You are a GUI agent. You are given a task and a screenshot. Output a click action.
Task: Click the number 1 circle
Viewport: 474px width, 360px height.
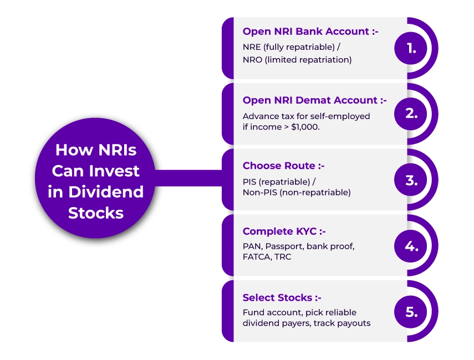pos(411,48)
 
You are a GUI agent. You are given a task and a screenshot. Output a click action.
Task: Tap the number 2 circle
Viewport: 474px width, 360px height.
pos(411,114)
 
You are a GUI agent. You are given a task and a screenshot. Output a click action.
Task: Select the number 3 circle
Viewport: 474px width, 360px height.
pos(411,180)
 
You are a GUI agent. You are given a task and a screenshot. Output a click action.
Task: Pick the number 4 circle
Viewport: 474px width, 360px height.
pos(411,245)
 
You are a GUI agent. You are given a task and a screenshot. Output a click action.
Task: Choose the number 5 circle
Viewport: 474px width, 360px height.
pos(411,311)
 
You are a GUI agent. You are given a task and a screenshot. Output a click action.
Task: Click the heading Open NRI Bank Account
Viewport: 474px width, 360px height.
pos(310,32)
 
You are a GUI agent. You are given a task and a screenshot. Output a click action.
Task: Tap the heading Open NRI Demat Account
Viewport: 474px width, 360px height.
pos(314,100)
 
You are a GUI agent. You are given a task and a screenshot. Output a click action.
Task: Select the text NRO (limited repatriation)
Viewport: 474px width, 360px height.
pos(297,60)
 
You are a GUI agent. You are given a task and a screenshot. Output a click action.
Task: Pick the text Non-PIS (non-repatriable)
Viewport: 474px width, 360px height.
pos(297,192)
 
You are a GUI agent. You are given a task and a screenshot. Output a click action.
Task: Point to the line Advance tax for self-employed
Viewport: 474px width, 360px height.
pos(306,116)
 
